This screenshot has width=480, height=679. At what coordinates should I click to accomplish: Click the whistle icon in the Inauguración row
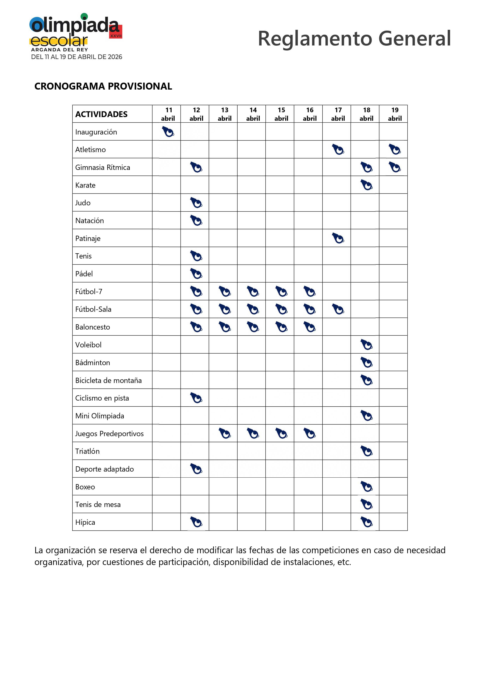click(168, 132)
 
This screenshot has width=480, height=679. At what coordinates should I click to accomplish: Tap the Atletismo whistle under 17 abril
click(338, 149)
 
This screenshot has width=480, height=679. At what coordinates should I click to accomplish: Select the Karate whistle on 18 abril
click(366, 185)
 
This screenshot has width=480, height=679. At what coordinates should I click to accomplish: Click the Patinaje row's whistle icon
click(338, 238)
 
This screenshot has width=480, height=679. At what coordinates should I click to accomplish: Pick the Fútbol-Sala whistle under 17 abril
click(338, 309)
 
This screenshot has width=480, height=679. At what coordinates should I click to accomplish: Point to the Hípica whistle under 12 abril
click(196, 522)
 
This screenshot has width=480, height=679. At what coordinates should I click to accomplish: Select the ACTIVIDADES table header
click(101, 114)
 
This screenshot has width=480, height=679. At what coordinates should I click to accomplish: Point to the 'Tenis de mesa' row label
click(98, 504)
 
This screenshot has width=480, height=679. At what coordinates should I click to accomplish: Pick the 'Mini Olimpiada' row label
click(100, 416)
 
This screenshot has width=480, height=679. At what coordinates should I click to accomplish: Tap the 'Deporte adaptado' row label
click(104, 469)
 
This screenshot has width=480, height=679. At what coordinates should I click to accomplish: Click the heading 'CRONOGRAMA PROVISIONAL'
click(103, 86)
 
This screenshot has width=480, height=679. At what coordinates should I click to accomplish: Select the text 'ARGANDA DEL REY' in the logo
click(59, 50)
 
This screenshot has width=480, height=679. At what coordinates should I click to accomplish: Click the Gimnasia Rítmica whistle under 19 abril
click(395, 167)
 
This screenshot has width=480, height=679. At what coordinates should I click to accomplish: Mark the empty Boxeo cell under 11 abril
click(167, 486)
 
